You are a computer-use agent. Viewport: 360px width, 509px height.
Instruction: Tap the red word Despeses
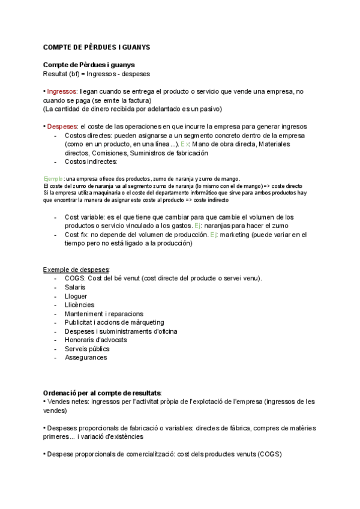coord(62,127)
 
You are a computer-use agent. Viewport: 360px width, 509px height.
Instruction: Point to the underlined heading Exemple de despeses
coord(80,269)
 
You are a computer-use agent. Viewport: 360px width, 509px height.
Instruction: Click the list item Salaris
coord(75,288)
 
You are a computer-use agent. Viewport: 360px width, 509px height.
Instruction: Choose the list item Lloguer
coord(76,296)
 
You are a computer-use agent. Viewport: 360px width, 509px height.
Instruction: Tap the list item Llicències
coord(79,305)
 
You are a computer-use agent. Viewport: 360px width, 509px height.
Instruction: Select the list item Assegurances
coord(86,357)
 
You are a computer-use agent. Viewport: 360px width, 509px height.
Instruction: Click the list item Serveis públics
coord(86,348)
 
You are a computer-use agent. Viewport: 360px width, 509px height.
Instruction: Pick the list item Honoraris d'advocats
coord(95,340)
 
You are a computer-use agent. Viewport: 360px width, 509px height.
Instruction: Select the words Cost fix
coord(77,235)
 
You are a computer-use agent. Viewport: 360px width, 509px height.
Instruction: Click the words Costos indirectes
coord(91,161)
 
